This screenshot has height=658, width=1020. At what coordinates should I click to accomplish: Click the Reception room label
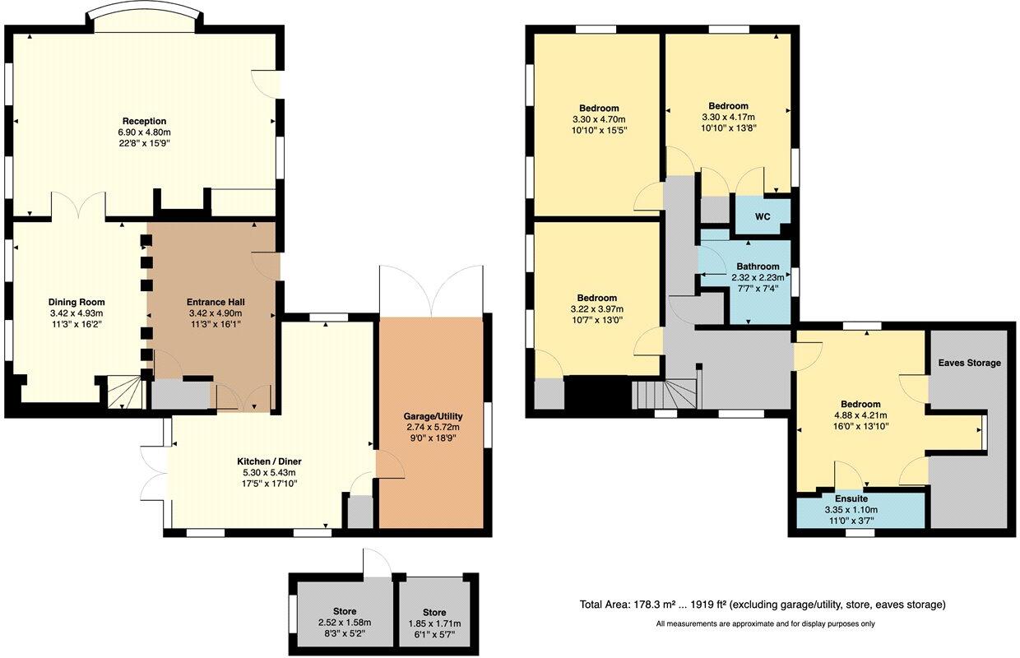tap(145, 121)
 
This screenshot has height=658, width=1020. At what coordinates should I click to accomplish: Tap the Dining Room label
tap(76, 302)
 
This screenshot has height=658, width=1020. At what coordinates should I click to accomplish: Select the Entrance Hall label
tap(216, 302)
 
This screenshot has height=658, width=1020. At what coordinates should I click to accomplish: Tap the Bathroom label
tap(757, 266)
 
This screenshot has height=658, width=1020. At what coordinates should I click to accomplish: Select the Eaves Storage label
tap(970, 362)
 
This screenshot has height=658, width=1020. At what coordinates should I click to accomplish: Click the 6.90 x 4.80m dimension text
tap(145, 132)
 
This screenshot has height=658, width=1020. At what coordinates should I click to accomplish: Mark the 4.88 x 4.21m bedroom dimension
tap(860, 415)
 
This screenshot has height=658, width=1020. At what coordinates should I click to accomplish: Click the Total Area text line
tap(763, 605)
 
